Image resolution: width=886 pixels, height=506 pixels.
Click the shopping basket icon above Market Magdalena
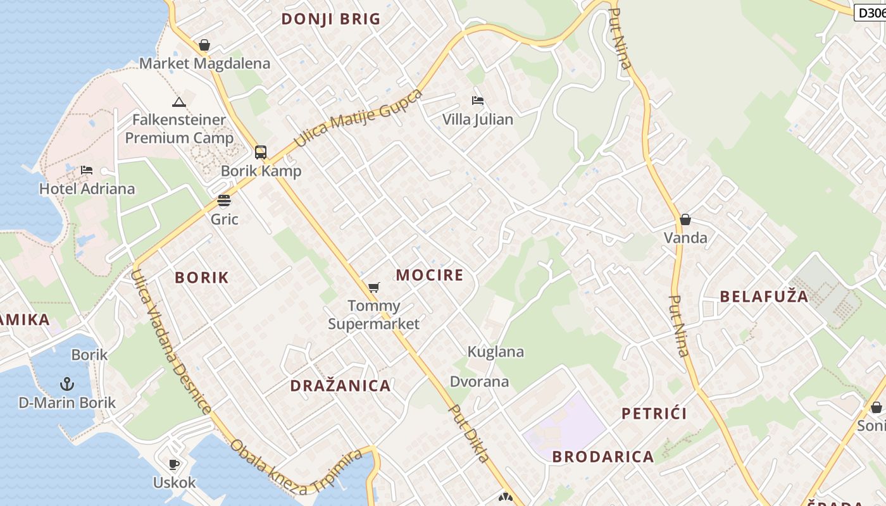(204, 45)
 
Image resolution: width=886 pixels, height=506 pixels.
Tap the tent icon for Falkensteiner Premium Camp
(179, 101)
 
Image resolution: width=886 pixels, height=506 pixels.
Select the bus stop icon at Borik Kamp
(261, 152)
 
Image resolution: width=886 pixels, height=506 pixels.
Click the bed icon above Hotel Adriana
(87, 170)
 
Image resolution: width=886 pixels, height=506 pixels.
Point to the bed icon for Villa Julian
(478, 100)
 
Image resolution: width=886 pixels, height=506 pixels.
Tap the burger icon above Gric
(224, 201)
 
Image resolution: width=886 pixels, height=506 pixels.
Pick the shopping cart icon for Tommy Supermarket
(374, 287)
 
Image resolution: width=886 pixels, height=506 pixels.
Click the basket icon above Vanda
(685, 219)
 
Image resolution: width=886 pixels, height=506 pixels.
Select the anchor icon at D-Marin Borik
(66, 383)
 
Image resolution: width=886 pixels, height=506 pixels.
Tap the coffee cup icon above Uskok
(175, 464)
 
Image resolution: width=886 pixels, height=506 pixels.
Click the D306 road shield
(871, 12)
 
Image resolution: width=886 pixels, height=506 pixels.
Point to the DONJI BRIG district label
(331, 19)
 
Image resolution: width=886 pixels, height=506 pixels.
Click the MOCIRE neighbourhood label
(430, 275)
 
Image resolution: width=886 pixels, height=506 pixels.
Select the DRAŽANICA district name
(340, 385)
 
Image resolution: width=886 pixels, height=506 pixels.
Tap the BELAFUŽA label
(764, 296)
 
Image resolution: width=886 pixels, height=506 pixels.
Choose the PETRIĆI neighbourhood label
(654, 414)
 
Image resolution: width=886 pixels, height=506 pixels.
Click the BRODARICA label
(603, 456)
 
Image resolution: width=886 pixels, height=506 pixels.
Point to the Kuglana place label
(496, 352)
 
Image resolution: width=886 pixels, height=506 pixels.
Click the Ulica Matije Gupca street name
(358, 118)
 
